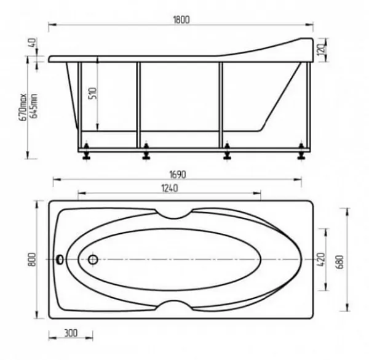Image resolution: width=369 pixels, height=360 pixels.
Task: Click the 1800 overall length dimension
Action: pos(181,20)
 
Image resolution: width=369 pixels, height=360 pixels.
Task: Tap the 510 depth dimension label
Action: pos(93,94)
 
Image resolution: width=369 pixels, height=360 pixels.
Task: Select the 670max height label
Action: pos(23,107)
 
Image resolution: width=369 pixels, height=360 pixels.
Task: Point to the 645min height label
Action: pos(33,106)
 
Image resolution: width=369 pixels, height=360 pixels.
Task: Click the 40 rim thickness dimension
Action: pos(33,43)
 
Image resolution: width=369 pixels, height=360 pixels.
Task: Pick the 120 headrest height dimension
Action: pos(322,50)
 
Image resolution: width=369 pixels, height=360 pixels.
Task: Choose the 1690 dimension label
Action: pos(178,175)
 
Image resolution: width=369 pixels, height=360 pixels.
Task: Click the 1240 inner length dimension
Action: pos(170,188)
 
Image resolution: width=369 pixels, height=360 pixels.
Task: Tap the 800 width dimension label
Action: pos(32,260)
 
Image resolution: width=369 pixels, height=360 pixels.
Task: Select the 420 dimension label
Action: pos(321,260)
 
